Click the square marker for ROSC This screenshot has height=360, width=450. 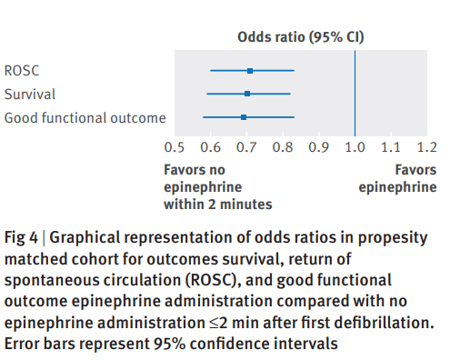tap(250, 70)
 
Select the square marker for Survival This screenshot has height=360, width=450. tap(247, 94)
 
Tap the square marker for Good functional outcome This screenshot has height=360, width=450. tap(244, 117)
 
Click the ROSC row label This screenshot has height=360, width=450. tap(22, 70)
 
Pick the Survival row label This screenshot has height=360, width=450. tap(30, 94)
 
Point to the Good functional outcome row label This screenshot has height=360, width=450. tap(85, 117)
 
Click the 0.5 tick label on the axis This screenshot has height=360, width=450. tap(175, 146)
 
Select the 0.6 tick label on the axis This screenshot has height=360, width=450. tap(210, 146)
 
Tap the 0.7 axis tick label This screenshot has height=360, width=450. tap(246, 146)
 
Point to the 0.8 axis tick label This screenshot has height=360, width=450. tap(282, 146)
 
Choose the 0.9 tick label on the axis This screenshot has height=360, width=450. tap(318, 146)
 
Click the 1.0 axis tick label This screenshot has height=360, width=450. tap(355, 146)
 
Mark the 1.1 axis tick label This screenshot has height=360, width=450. tap(390, 146)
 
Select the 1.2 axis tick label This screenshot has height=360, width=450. tap(425, 146)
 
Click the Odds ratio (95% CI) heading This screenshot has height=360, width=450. tap(299, 37)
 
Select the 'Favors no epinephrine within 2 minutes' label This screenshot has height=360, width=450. tap(217, 186)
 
